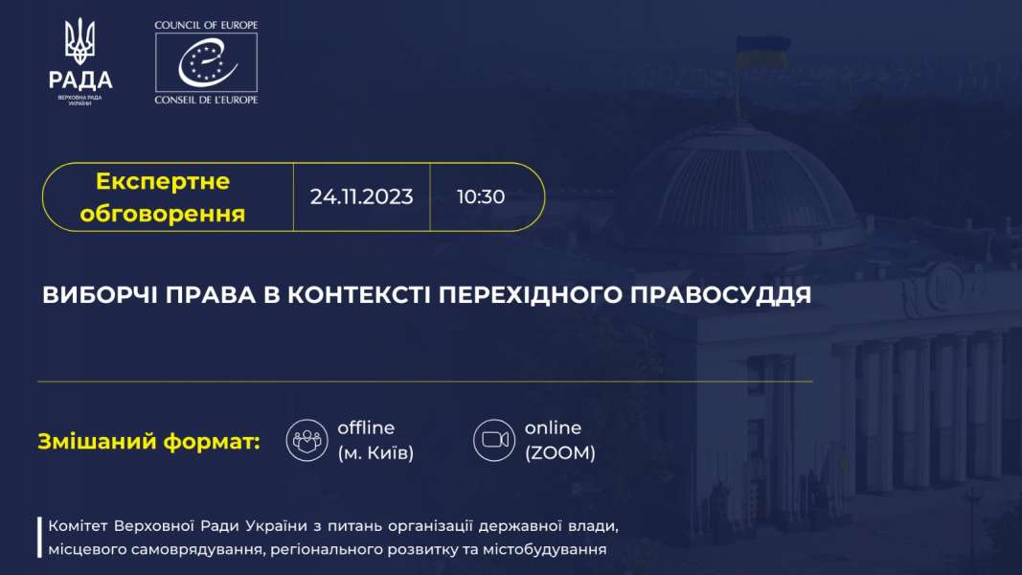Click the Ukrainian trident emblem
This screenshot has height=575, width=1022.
click(80, 41)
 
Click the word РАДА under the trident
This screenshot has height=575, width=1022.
click(80, 80)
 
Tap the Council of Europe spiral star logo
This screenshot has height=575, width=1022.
click(206, 62)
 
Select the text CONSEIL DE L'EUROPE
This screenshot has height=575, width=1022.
click(206, 100)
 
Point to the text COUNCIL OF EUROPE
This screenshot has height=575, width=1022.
click(206, 26)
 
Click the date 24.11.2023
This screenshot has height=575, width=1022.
click(361, 196)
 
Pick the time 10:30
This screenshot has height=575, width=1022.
click(481, 196)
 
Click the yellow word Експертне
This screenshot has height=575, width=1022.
click(162, 181)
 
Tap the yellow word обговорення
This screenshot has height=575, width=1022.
click(162, 214)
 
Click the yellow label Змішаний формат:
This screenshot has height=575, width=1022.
click(148, 442)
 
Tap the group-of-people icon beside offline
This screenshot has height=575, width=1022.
click(307, 440)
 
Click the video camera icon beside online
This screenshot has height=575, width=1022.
click(494, 440)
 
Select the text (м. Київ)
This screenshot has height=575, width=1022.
click(375, 452)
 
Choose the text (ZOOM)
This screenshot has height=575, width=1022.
click(560, 452)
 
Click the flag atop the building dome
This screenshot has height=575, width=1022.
click(762, 52)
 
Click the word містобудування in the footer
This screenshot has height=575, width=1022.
click(544, 549)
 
